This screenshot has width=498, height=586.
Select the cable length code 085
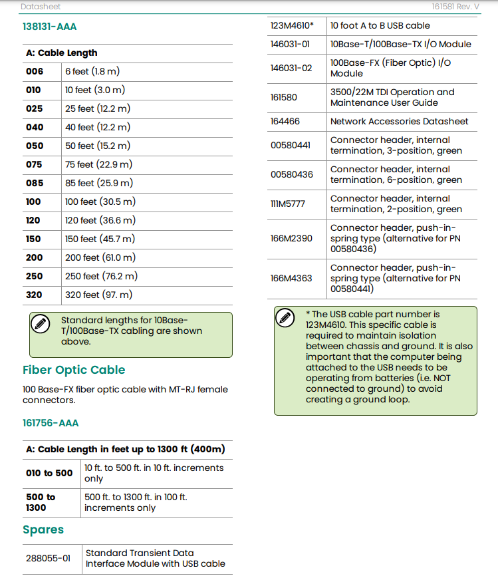point(34,183)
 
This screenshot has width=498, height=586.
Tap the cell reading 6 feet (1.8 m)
point(92,71)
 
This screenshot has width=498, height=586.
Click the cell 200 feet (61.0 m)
point(101,257)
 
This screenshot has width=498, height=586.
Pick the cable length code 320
point(34,295)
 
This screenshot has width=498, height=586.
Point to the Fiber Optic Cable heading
point(74,370)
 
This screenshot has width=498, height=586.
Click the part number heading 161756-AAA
point(51,423)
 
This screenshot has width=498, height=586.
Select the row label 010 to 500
point(49,473)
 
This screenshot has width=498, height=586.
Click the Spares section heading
point(43,529)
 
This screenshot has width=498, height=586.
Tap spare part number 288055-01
point(48,558)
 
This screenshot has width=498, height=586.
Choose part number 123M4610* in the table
point(292,26)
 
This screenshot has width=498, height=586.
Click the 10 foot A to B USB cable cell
point(380,26)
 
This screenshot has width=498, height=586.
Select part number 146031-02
point(291,68)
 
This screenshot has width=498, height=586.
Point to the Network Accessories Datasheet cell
point(399,121)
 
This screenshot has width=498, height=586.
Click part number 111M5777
point(288,204)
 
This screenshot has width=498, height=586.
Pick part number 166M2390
point(291,238)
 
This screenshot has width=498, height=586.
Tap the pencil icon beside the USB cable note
point(285,318)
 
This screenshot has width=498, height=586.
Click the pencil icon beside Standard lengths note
point(41,324)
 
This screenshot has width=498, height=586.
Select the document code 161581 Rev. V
point(455,7)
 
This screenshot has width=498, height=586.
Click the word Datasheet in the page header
point(41,7)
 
